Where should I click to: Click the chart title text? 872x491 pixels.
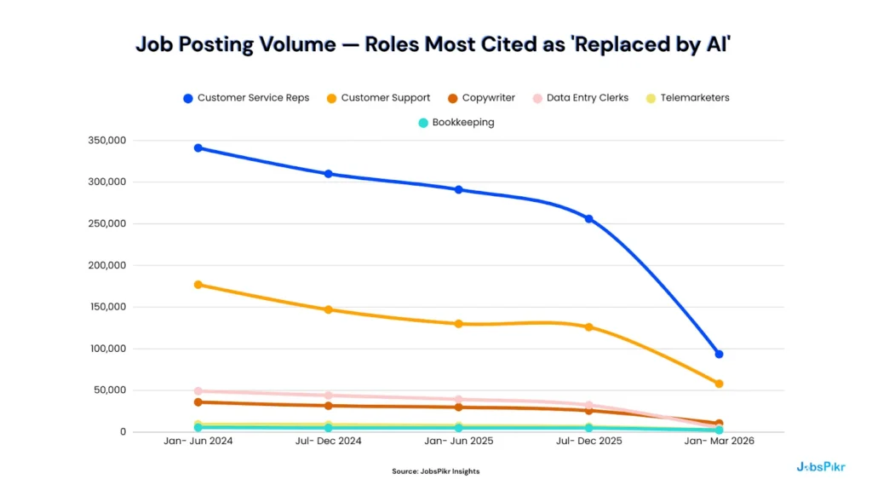(434, 45)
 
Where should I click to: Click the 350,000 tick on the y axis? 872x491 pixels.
(106, 141)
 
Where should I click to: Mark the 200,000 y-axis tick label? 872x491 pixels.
(106, 265)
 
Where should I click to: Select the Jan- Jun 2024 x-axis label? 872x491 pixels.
(198, 442)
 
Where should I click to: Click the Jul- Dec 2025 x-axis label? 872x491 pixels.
(588, 442)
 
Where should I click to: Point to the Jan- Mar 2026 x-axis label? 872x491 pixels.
(719, 442)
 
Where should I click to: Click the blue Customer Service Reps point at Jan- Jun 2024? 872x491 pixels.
(198, 148)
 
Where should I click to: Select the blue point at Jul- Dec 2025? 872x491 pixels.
(588, 219)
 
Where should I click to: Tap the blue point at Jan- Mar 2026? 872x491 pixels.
(719, 354)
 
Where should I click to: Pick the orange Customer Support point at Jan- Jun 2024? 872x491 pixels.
(198, 285)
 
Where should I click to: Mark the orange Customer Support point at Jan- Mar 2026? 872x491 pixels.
(719, 384)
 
